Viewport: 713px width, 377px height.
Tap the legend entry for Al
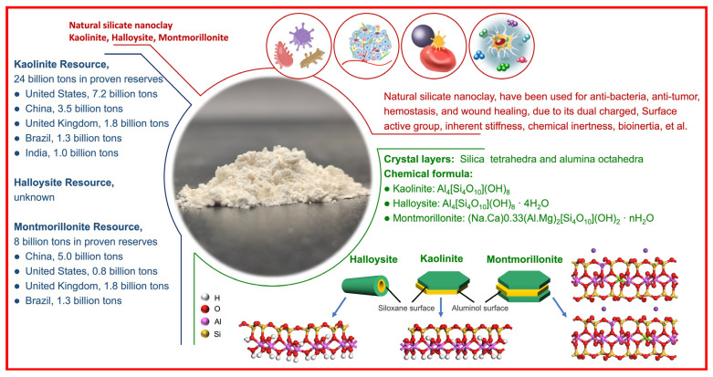click(x=212, y=348)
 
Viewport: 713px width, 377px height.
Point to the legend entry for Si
click(x=212, y=362)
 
